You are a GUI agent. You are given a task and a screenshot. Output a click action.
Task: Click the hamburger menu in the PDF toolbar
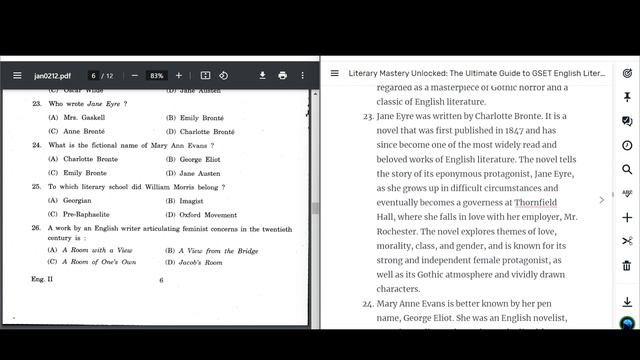pos(17,75)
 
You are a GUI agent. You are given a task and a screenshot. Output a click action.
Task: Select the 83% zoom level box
pos(156,76)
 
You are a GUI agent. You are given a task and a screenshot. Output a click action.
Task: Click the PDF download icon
pos(262,75)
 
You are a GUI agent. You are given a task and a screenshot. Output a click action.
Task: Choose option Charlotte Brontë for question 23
pos(206,131)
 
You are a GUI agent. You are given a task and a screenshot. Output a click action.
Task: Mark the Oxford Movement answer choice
pos(208,214)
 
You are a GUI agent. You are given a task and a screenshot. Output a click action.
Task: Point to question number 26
pos(36,228)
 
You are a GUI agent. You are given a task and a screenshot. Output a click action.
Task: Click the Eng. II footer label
pos(42,280)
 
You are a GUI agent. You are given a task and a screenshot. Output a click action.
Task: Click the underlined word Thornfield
pos(542,202)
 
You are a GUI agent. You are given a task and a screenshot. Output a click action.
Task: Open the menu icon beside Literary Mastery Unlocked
pos(335,73)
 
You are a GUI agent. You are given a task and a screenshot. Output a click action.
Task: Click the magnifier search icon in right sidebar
pos(627,169)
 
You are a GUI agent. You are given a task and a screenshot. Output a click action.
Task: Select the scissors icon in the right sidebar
pos(627,241)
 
